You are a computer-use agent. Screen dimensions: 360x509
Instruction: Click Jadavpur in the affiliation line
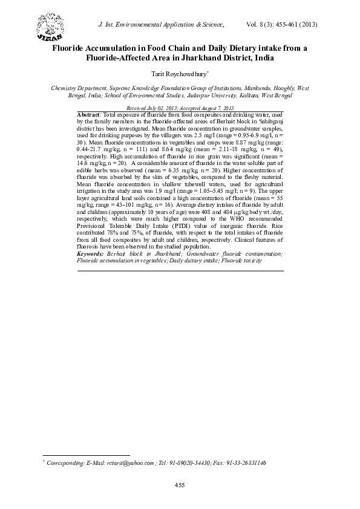(205, 95)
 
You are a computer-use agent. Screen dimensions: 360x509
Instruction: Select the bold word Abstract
(90, 114)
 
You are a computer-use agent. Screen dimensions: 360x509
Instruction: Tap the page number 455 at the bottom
(180, 485)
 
